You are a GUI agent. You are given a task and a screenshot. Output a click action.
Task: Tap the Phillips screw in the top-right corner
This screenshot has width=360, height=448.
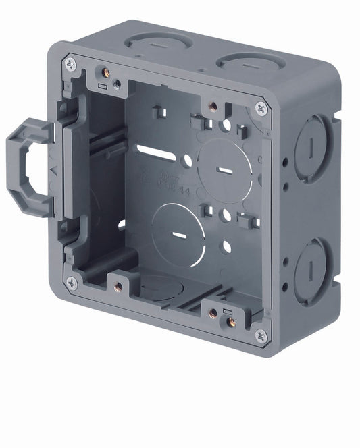coord(260,107)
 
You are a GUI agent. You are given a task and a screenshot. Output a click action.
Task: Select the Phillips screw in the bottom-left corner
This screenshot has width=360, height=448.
coord(71,282)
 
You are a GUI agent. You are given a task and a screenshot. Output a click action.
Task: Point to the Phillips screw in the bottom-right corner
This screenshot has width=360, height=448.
coord(260,335)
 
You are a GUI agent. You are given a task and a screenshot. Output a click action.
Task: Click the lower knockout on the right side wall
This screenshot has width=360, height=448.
coord(313,269)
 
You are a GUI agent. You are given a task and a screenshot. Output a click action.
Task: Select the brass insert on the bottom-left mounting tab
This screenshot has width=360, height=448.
coord(118,286)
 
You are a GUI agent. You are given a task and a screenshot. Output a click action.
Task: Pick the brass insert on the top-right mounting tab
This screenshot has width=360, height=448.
coord(211,105)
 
